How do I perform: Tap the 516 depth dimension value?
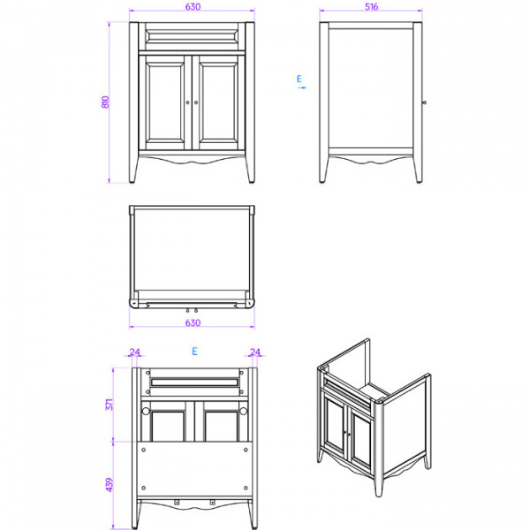pos(371,7)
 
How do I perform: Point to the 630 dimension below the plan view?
pos(193,322)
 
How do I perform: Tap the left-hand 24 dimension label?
pos(135,352)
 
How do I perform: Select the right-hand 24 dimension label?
pos(255,352)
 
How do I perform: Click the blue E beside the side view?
pos(299,79)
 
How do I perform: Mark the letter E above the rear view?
pos(193,352)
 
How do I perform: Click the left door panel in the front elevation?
pos(165,106)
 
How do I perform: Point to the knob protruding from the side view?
pos(425,102)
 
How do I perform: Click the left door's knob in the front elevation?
pos(188,102)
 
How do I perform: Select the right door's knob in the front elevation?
pos(197,102)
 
